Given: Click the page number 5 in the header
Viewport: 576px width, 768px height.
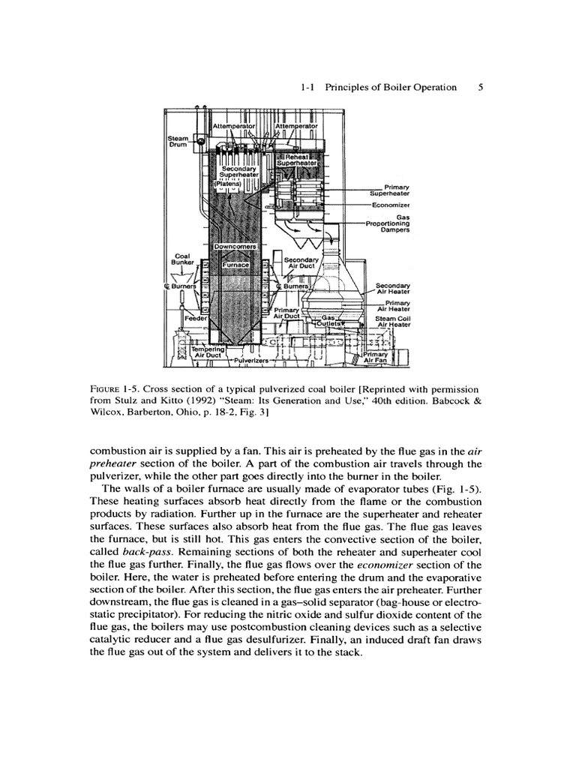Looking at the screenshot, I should coord(481,87).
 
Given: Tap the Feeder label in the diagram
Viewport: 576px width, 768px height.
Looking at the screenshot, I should coord(178,318).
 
